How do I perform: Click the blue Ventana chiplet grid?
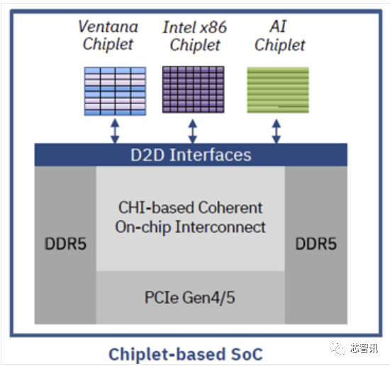(x=115, y=91)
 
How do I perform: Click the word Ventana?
(x=108, y=27)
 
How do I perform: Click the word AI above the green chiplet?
(x=279, y=27)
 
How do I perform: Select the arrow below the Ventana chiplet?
(x=115, y=130)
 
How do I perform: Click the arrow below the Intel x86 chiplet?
(x=192, y=130)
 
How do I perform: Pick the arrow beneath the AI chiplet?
(x=277, y=130)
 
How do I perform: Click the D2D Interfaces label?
(x=191, y=155)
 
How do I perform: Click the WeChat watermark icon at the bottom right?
(x=336, y=348)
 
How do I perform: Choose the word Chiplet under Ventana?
(x=108, y=45)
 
